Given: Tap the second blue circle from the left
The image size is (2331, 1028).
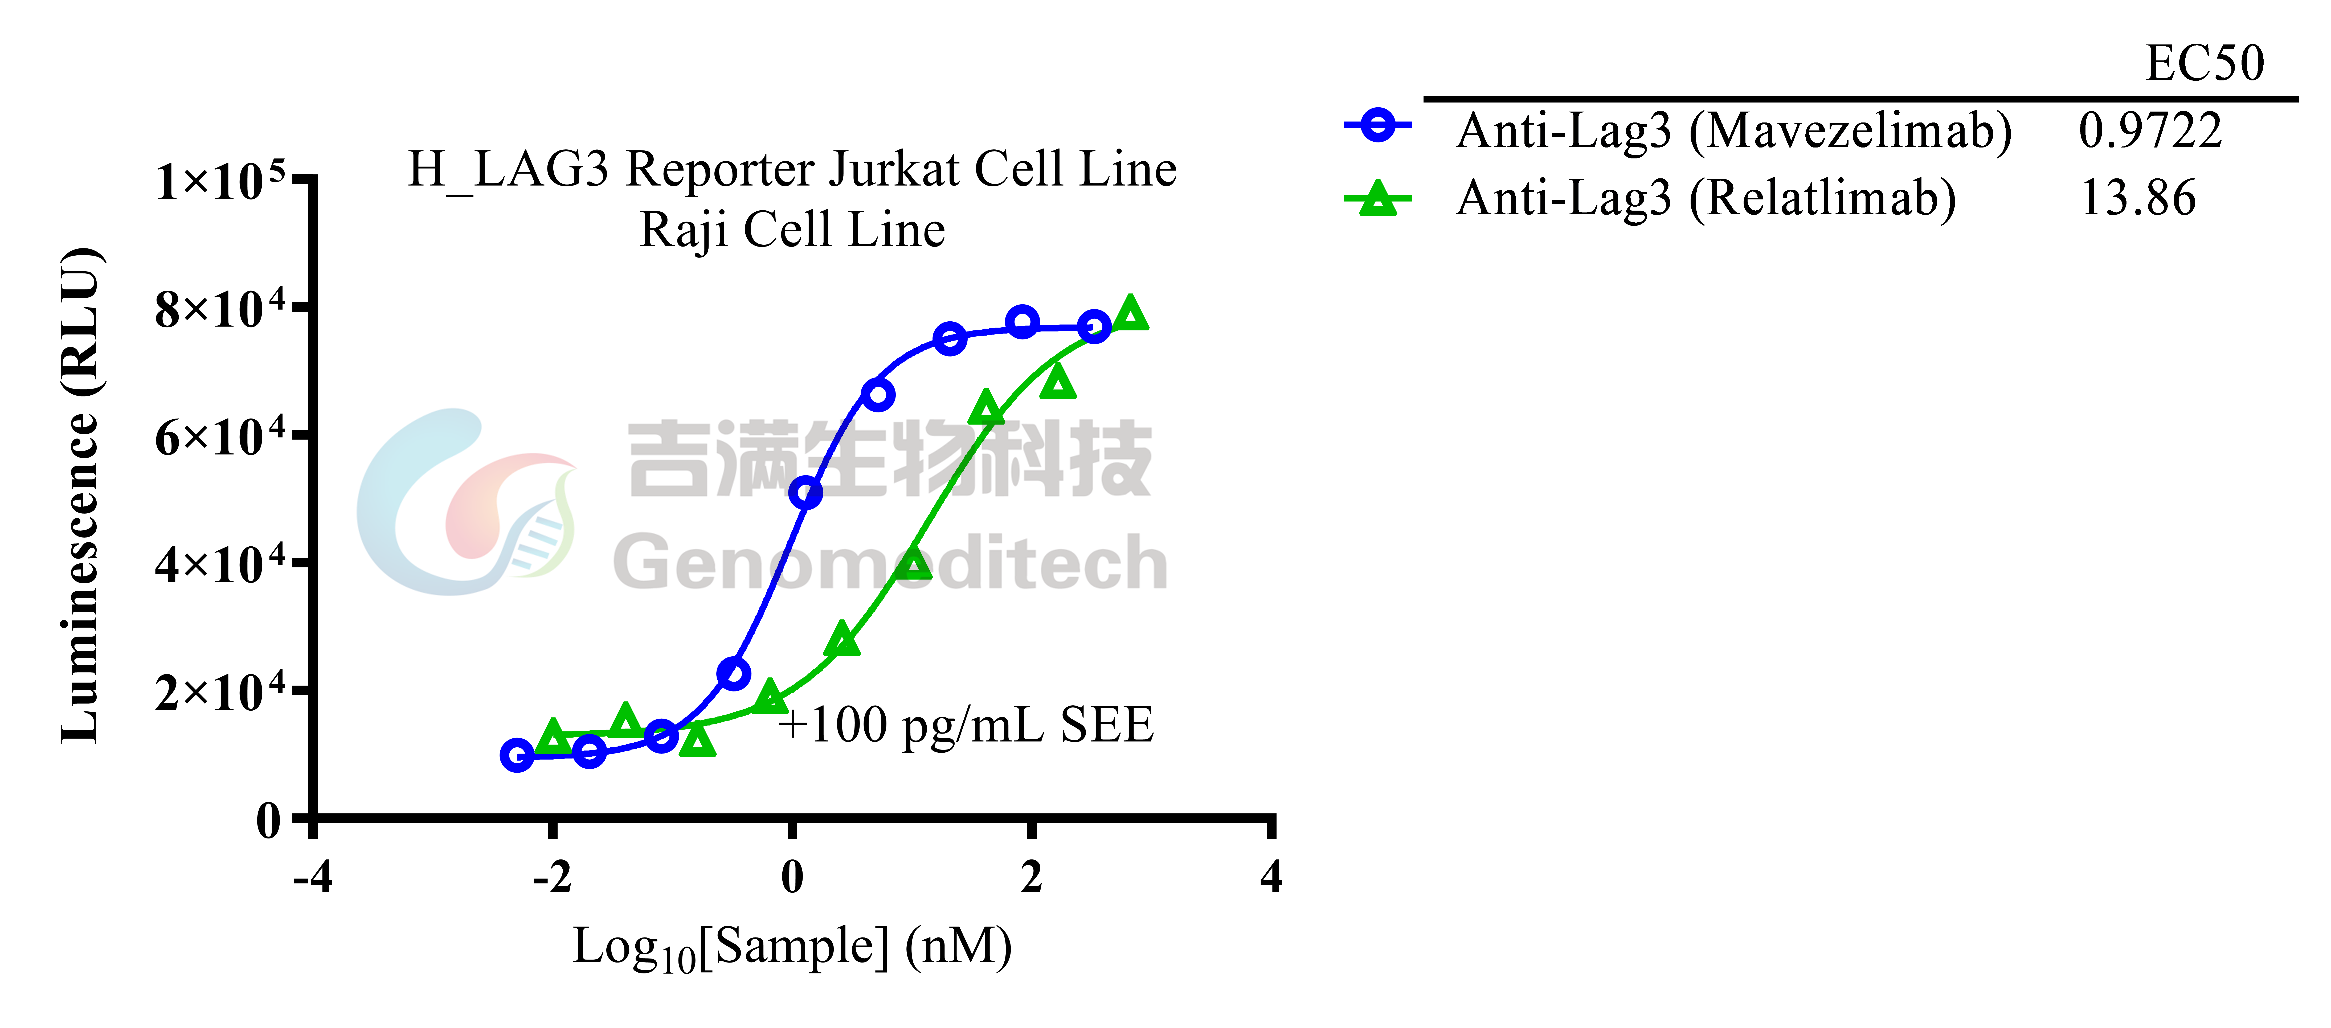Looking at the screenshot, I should point(589,750).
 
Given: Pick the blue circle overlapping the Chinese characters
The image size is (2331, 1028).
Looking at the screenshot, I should point(805,493).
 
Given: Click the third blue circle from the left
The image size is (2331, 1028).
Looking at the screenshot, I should point(661,736).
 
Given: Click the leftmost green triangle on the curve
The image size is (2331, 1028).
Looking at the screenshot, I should point(553,738).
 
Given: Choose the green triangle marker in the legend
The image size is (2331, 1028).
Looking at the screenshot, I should point(1377,198).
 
